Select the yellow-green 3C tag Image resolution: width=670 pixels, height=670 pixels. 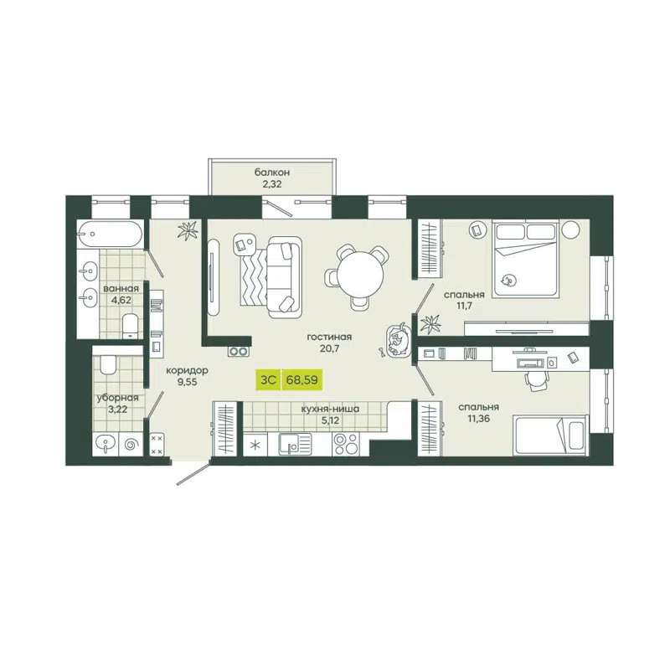pyautogui.click(x=268, y=379)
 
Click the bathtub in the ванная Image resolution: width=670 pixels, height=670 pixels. pyautogui.click(x=109, y=234)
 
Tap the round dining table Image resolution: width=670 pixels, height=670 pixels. pyautogui.click(x=358, y=274)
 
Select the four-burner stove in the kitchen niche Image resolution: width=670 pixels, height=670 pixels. pyautogui.click(x=345, y=444)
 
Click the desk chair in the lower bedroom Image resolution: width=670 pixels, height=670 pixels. pyautogui.click(x=536, y=380)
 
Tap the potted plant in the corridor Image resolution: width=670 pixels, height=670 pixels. pyautogui.click(x=191, y=228)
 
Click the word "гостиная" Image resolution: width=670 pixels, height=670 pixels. pyautogui.click(x=328, y=337)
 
